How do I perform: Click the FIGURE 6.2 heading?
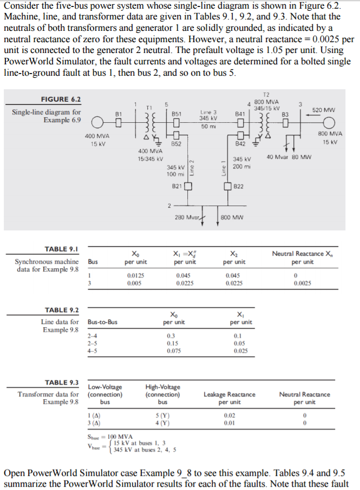(61, 100)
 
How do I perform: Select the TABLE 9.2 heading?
(61, 310)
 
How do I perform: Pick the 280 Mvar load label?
(187, 217)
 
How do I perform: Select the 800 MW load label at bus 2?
(232, 217)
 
